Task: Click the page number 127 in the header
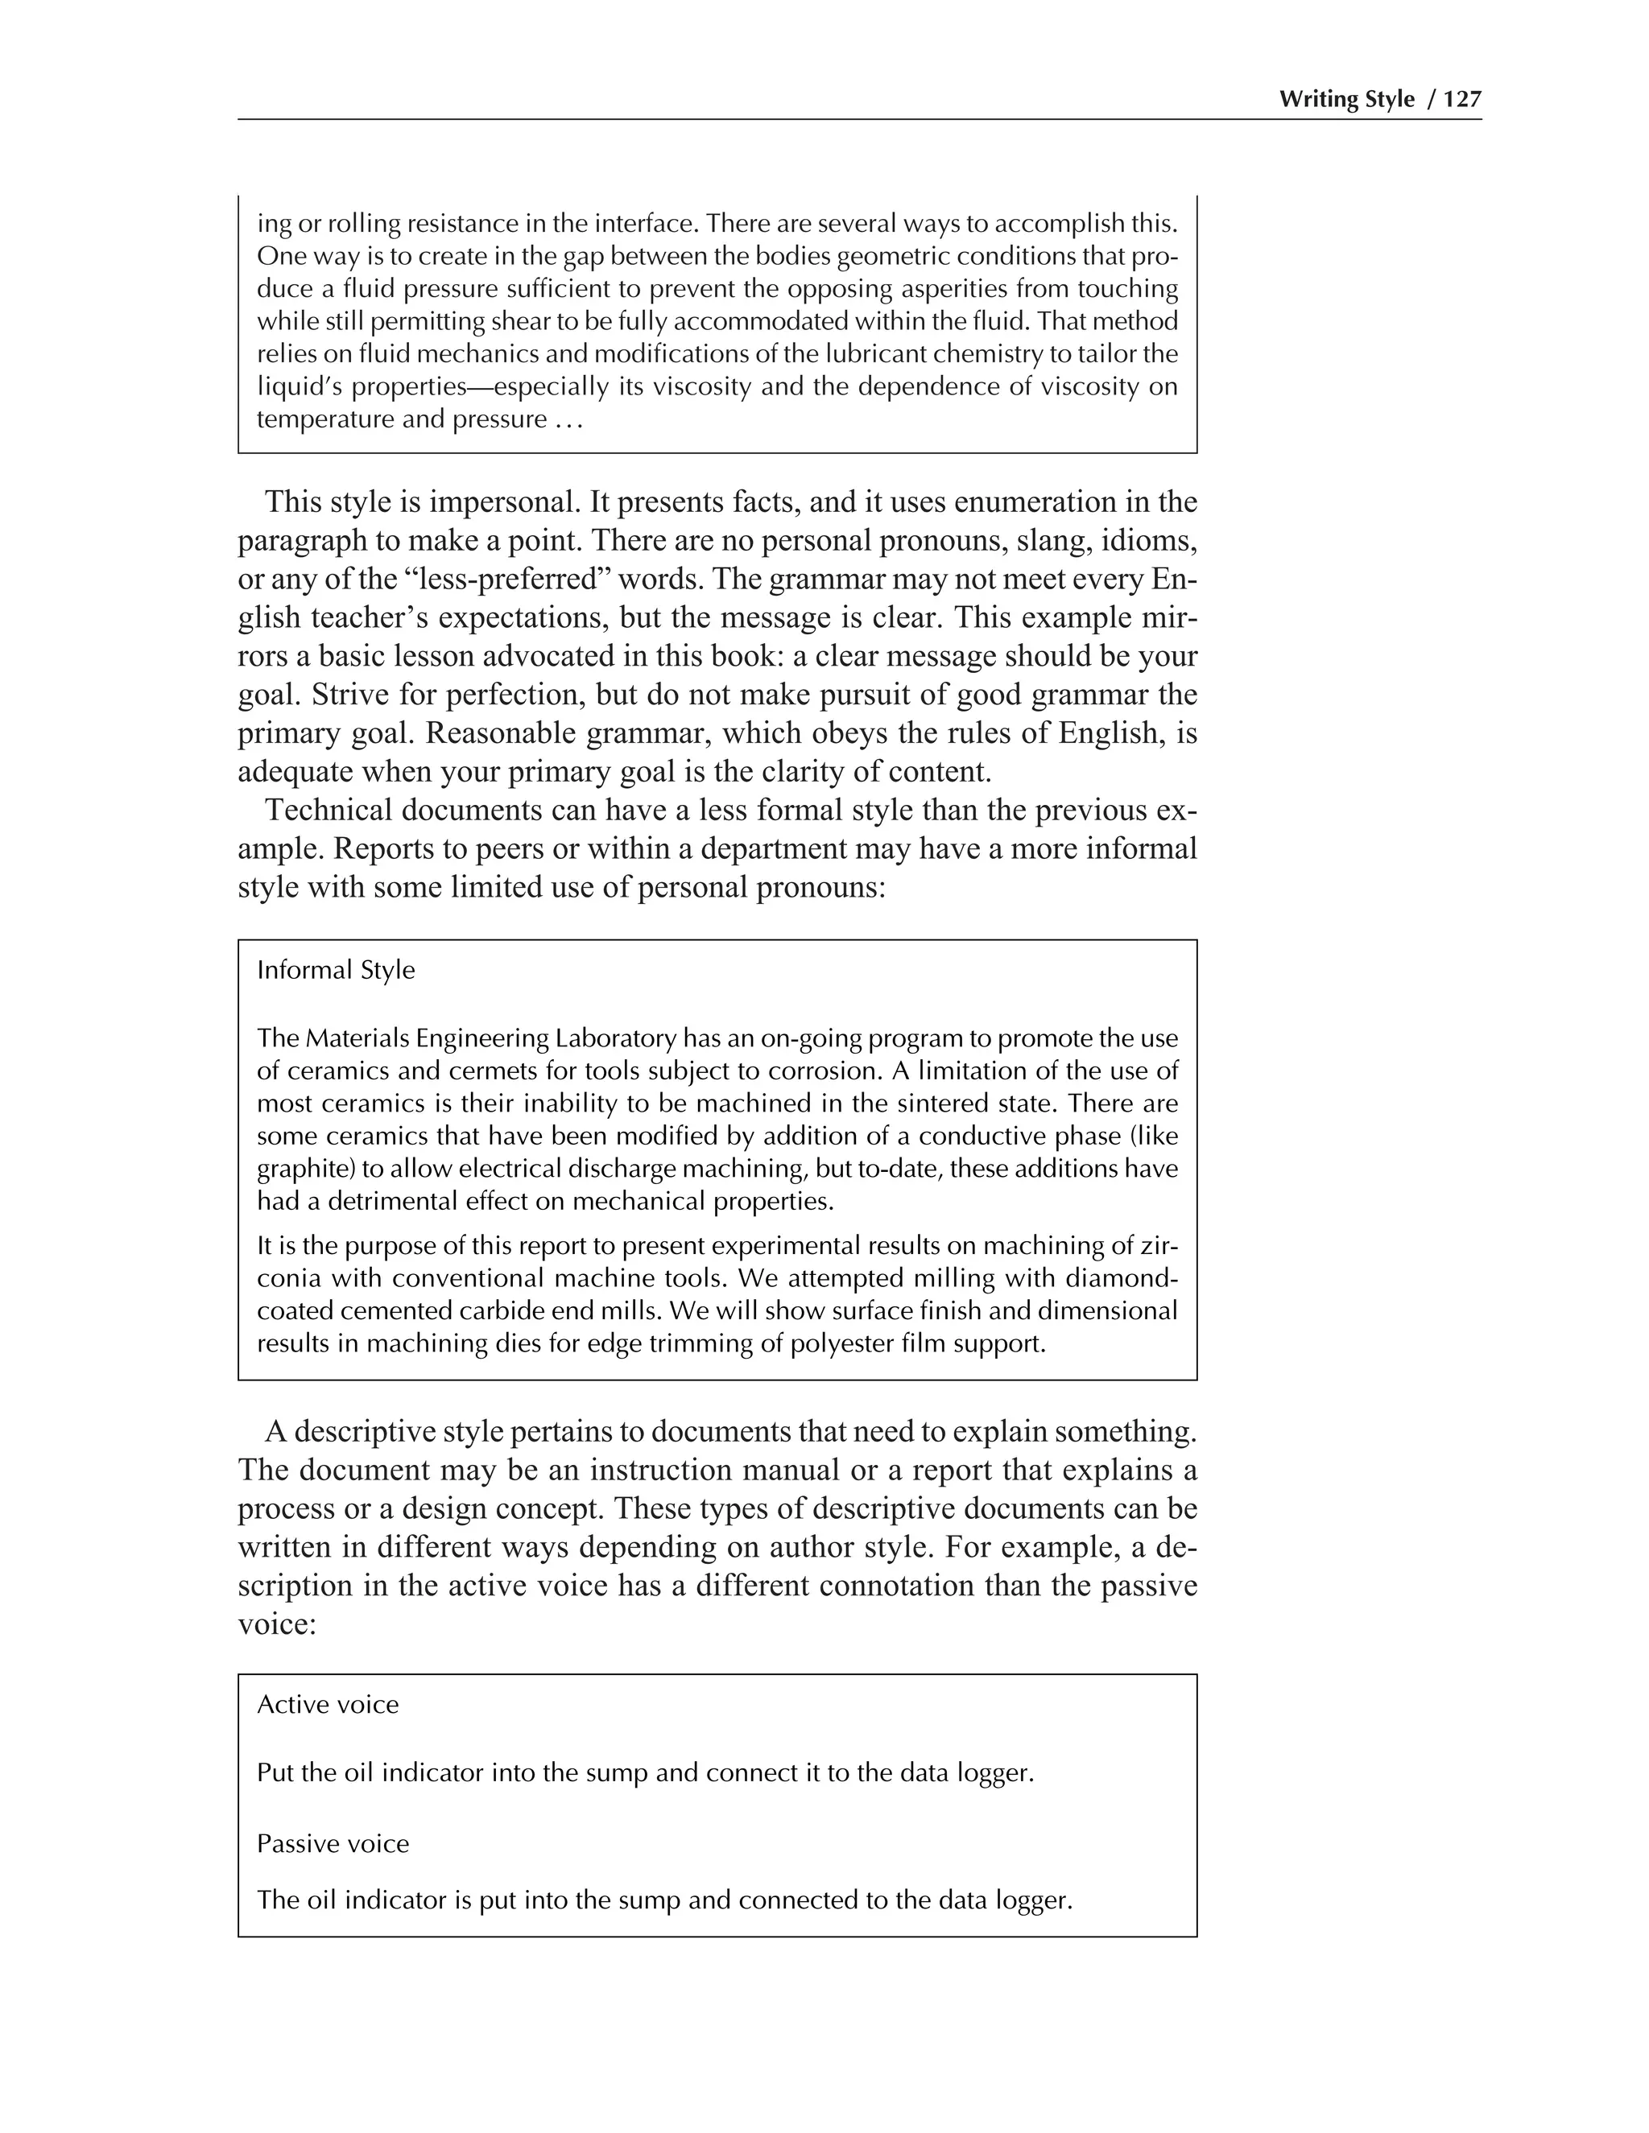(1462, 99)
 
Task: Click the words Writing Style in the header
(1346, 99)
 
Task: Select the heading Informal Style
(335, 970)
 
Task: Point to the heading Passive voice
(333, 1843)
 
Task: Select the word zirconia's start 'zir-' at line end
(1159, 1245)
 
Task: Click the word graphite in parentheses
(306, 1169)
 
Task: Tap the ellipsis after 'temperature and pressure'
(568, 420)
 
